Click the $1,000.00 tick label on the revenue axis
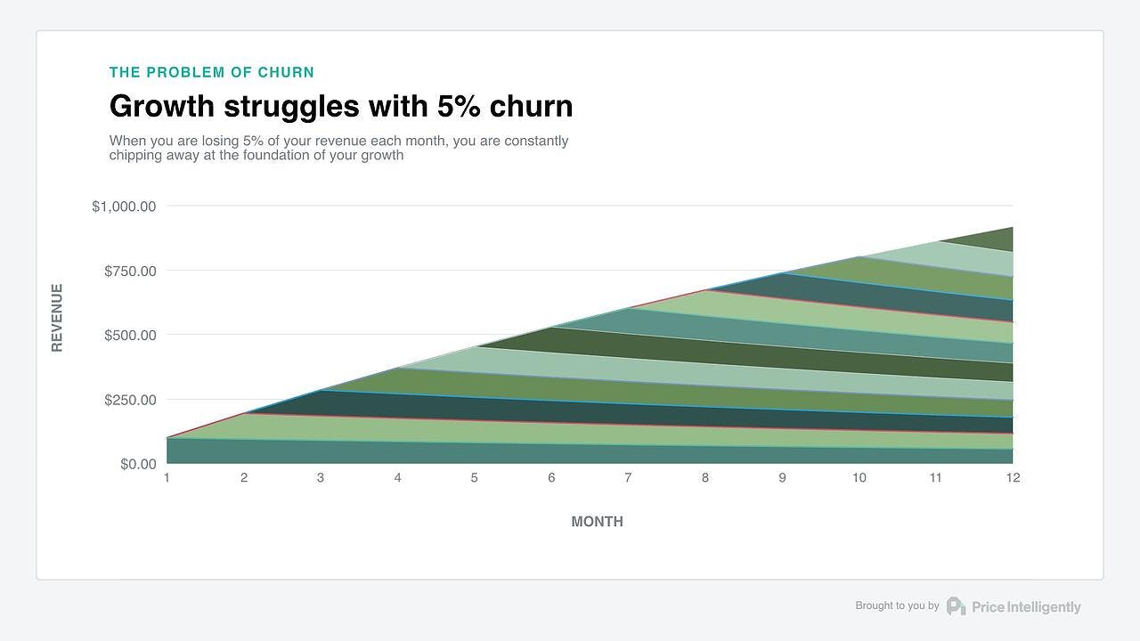(x=124, y=207)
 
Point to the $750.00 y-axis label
(x=130, y=271)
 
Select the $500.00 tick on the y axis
(x=130, y=336)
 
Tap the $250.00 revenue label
(x=130, y=400)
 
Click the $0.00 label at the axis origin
(x=138, y=464)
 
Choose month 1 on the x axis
(x=167, y=478)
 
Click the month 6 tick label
(x=551, y=478)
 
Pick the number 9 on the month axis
(x=782, y=478)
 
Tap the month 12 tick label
(x=1013, y=478)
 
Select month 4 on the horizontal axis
(x=397, y=478)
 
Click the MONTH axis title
(x=597, y=522)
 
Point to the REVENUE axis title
(x=57, y=318)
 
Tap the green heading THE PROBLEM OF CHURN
(x=212, y=72)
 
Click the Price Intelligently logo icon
(x=956, y=606)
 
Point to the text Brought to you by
(x=897, y=605)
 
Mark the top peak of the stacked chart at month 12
(x=1012, y=228)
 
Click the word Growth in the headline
(x=162, y=107)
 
